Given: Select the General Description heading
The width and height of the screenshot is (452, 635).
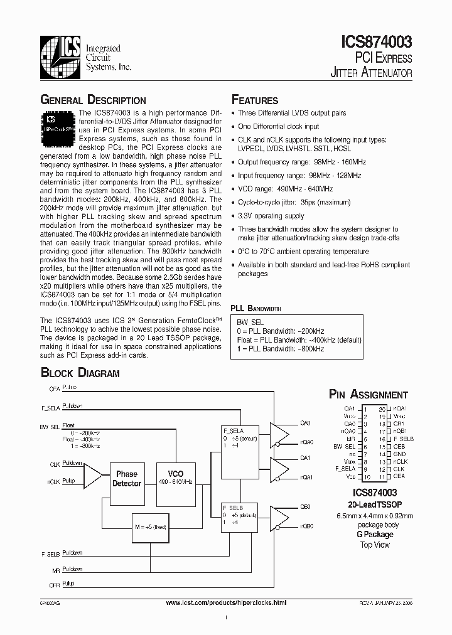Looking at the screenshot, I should [x=93, y=100].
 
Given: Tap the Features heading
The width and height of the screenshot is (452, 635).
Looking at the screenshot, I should [x=255, y=100].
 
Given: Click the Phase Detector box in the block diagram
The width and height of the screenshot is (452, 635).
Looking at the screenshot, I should [x=127, y=479].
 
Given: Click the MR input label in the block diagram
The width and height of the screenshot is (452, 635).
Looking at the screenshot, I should [x=56, y=570].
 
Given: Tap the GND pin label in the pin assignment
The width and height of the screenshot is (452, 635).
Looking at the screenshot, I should [x=399, y=454].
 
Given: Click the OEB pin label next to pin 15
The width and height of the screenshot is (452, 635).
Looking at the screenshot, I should [x=399, y=446].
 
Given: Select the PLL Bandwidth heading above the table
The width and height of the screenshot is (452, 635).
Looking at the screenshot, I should [x=256, y=309].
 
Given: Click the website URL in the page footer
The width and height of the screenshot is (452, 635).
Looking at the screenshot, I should [x=226, y=602].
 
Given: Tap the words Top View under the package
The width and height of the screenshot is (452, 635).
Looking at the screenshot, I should [x=375, y=545].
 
